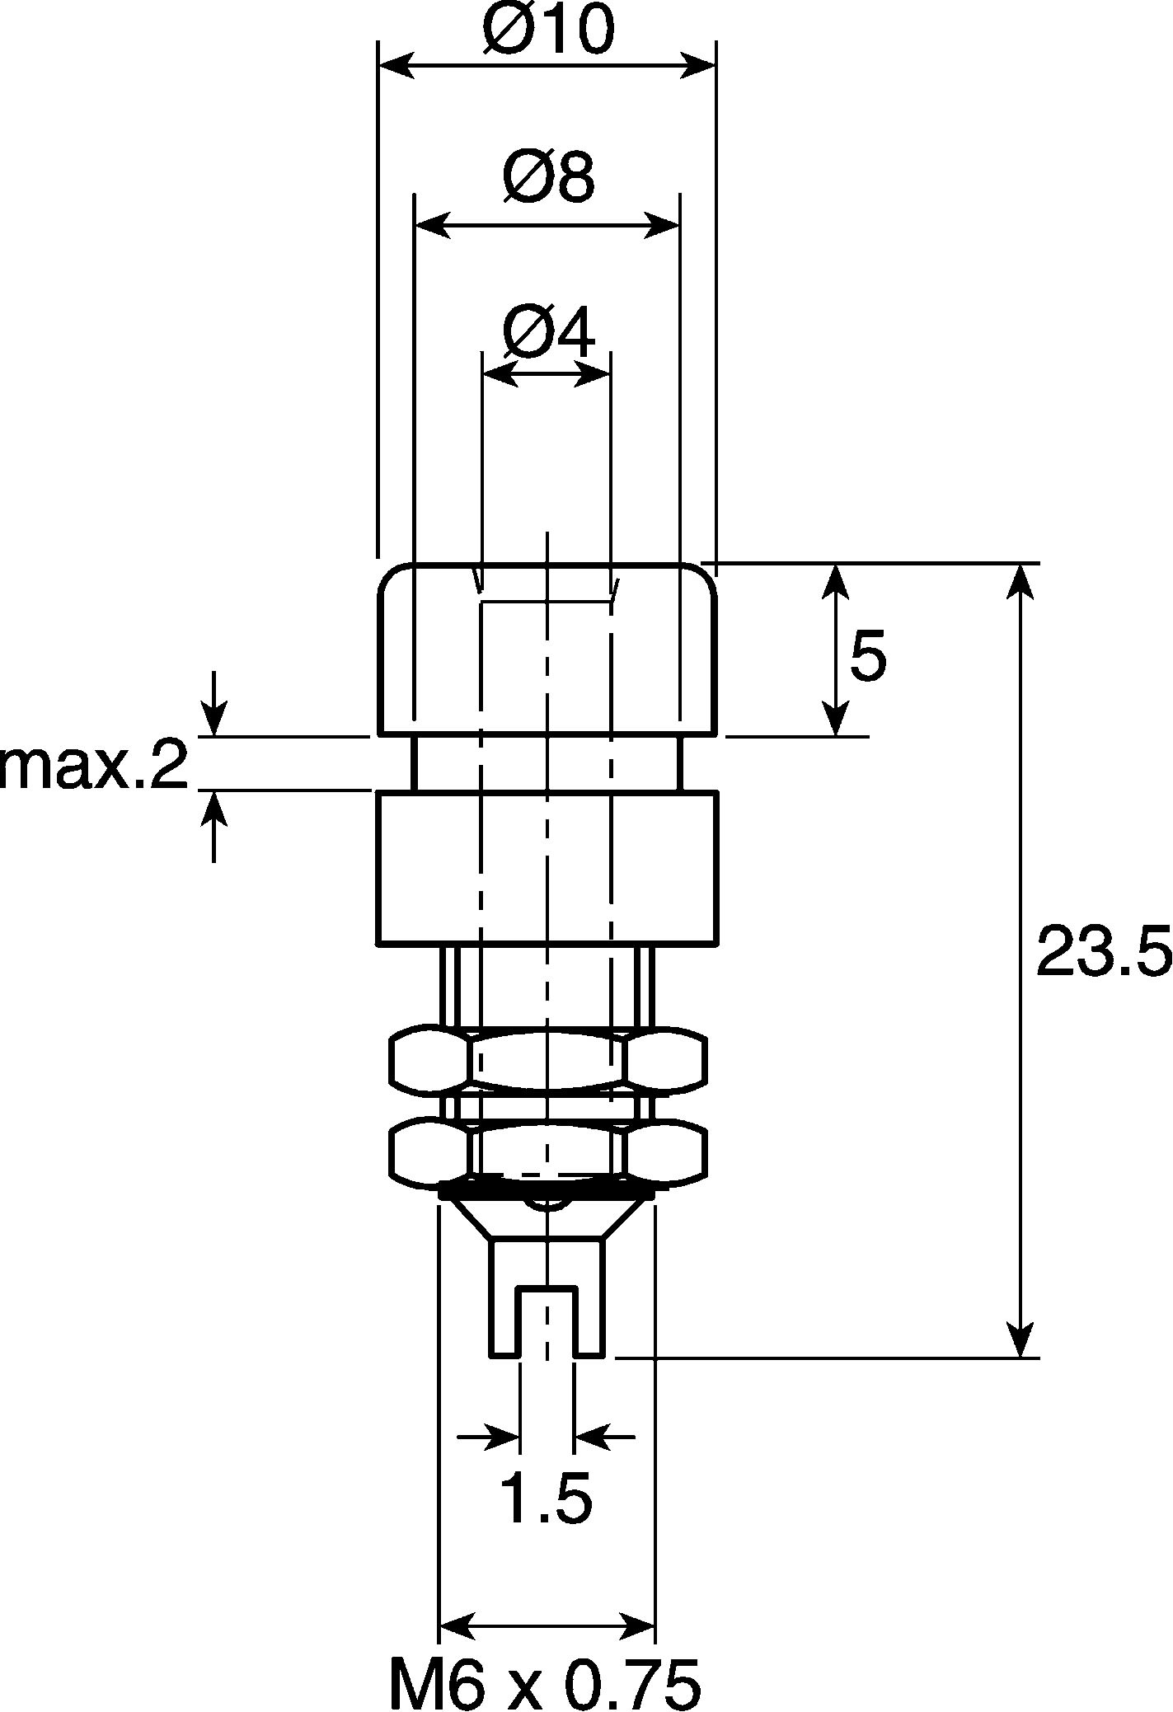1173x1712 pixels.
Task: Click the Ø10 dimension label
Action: (x=549, y=30)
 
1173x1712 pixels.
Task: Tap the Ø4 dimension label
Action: (x=548, y=334)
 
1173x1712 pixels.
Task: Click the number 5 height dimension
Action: (x=867, y=655)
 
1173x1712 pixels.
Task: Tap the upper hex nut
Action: (x=548, y=1058)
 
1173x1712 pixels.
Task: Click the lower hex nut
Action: (x=548, y=1151)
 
